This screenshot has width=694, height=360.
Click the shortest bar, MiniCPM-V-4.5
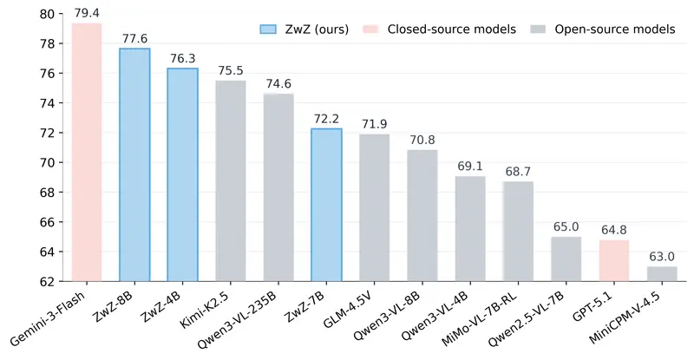pyautogui.click(x=662, y=273)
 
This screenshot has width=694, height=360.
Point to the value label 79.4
pyautogui.click(x=87, y=13)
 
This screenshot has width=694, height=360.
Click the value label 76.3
pyautogui.click(x=182, y=58)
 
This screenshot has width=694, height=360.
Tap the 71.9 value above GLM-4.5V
pyautogui.click(x=374, y=124)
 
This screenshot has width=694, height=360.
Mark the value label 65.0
pyautogui.click(x=566, y=227)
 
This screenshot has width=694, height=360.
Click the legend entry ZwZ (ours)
pyautogui.click(x=304, y=29)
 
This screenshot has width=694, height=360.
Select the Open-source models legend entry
pyautogui.click(x=604, y=29)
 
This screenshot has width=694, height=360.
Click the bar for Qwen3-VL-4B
pyautogui.click(x=470, y=229)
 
